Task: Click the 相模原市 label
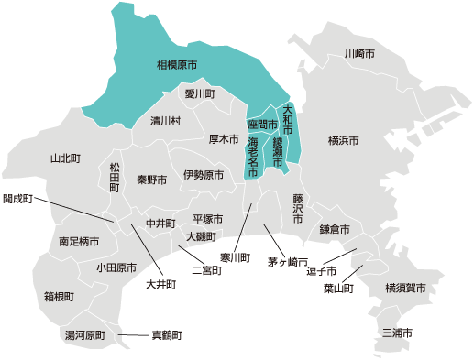pyautogui.click(x=176, y=65)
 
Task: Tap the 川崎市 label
pyautogui.click(x=359, y=54)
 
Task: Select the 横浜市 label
pyautogui.click(x=344, y=141)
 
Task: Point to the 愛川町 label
pyautogui.click(x=199, y=94)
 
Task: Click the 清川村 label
pyautogui.click(x=166, y=121)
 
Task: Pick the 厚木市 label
pyautogui.click(x=224, y=140)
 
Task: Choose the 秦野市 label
pyautogui.click(x=152, y=180)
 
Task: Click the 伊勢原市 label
pyautogui.click(x=203, y=175)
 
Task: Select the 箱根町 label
pyautogui.click(x=59, y=297)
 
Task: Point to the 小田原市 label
pyautogui.click(x=116, y=268)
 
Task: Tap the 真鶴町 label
pyautogui.click(x=167, y=335)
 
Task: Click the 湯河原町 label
pyautogui.click(x=85, y=335)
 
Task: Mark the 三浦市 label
pyautogui.click(x=397, y=332)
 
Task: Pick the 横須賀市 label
pyautogui.click(x=406, y=289)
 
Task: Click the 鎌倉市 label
pyautogui.click(x=335, y=229)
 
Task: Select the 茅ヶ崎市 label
pyautogui.click(x=287, y=262)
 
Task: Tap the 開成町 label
pyautogui.click(x=17, y=198)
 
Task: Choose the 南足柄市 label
pyautogui.click(x=78, y=242)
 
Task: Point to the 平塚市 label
pyautogui.click(x=208, y=220)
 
